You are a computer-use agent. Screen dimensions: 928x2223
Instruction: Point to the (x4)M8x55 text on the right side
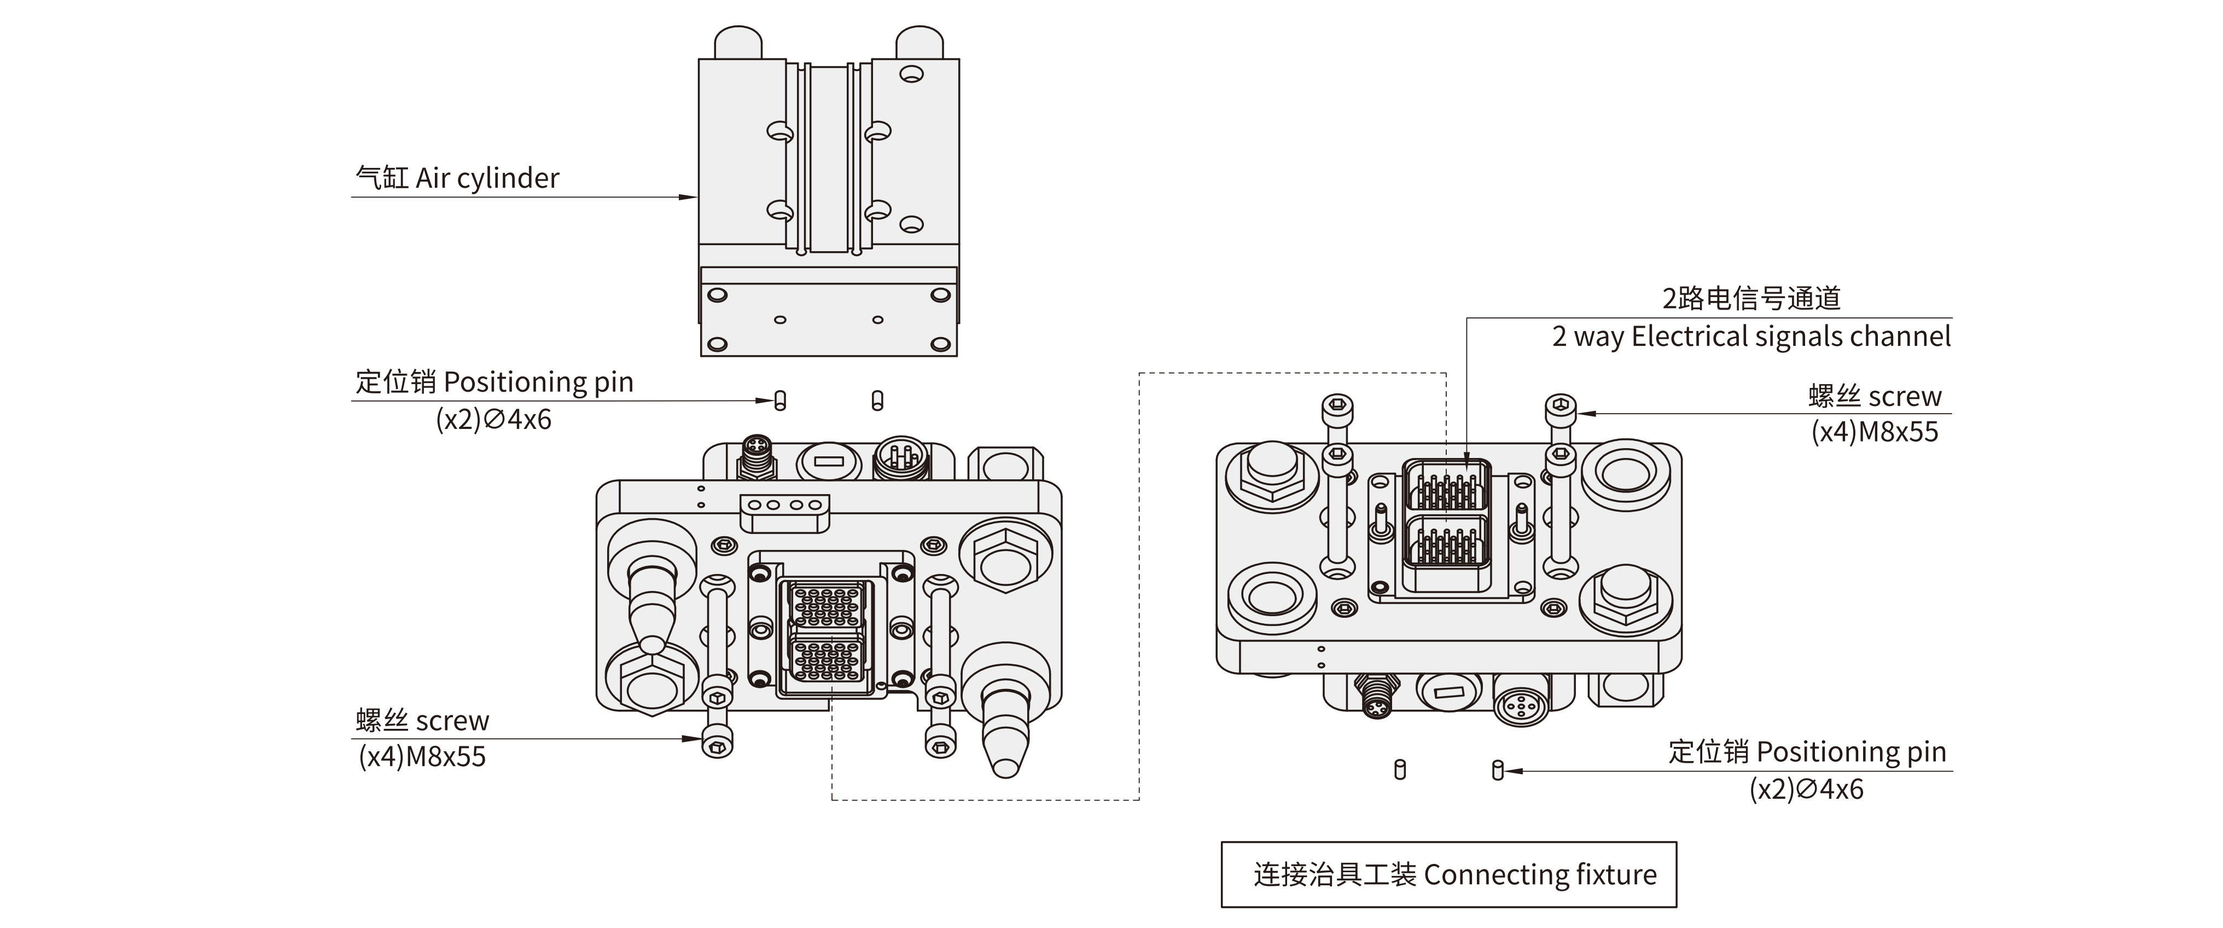click(1875, 432)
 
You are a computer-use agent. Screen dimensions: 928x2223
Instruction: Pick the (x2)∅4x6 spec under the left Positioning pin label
click(493, 420)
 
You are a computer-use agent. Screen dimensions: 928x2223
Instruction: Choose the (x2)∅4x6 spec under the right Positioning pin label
click(1806, 789)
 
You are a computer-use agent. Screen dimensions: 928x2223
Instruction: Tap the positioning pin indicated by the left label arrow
click(780, 401)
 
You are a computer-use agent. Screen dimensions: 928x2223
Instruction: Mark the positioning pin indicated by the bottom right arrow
click(1498, 769)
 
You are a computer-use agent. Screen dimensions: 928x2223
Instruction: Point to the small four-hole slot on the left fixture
click(784, 506)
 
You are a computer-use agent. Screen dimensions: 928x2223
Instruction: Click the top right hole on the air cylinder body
click(911, 73)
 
